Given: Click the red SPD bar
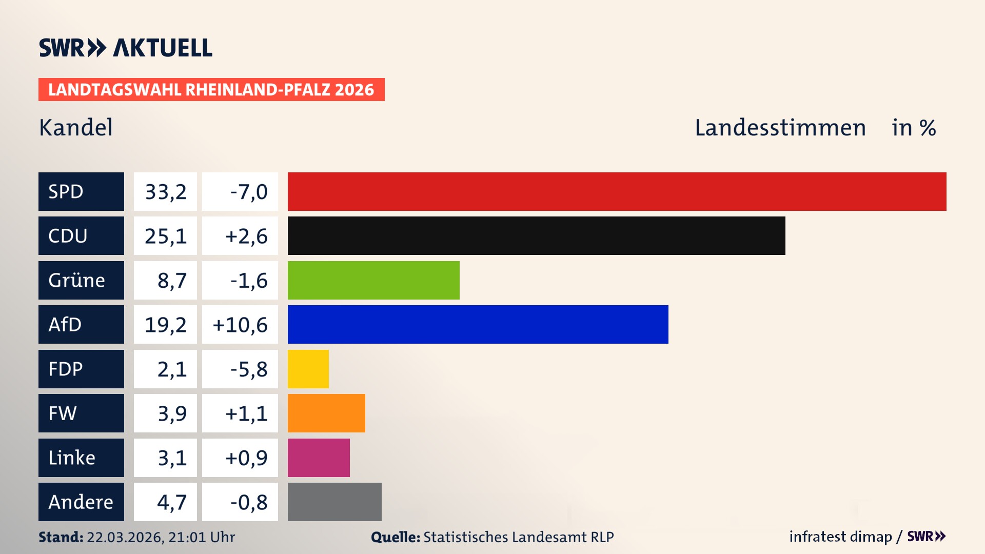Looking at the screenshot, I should pos(617,191).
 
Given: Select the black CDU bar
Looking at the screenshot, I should pos(536,236).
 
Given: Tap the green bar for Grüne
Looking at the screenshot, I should pos(373,280).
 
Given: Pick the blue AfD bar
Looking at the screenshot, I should pos(478,324).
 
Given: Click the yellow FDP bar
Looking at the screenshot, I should pos(308,369).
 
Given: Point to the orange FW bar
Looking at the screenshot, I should pos(326,413).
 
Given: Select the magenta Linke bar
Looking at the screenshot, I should pos(319,458).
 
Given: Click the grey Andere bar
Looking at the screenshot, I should pos(334,502).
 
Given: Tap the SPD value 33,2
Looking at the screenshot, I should pos(165,192).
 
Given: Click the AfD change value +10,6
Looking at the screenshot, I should pos(240,325).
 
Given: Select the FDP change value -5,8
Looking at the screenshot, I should pos(248,369).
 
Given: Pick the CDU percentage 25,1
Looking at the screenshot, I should pos(165,236).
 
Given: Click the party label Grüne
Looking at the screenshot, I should pos(77,281).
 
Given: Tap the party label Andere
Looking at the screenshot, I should pos(81,502).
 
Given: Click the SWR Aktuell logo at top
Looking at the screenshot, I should pos(126,48).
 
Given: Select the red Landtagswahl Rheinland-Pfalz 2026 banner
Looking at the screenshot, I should pos(211,90).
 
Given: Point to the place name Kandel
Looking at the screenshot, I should pos(76,128).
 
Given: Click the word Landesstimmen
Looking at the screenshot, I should pos(780,128).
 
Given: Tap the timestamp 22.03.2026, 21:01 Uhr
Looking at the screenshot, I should pos(161,537).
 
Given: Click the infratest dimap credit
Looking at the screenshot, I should pos(840,537).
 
